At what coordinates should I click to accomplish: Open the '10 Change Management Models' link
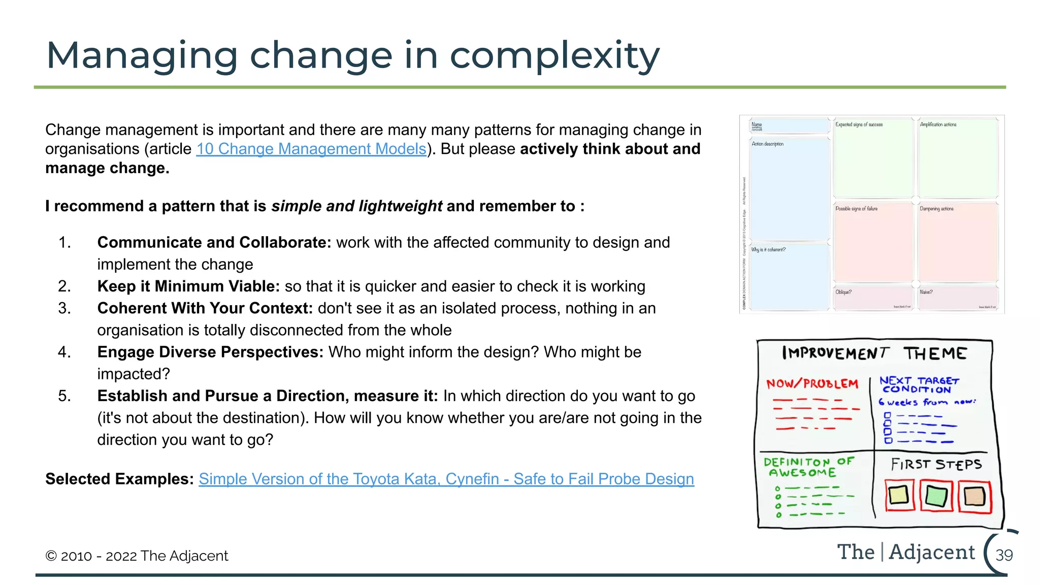coord(311,149)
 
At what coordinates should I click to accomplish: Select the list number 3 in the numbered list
coord(64,308)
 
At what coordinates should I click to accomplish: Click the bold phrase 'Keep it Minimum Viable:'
coord(188,286)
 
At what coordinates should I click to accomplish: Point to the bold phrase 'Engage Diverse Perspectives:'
coord(210,352)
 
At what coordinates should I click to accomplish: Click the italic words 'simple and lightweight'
coord(356,206)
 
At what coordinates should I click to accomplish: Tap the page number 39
coord(1003,555)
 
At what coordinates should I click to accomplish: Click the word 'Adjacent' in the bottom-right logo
coord(932,552)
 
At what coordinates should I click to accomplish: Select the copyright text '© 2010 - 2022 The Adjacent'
coord(137,556)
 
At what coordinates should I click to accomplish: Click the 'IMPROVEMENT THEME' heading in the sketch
coord(874,353)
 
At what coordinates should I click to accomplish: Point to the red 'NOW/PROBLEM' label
coord(812,383)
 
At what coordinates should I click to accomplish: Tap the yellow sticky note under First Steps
coord(899,495)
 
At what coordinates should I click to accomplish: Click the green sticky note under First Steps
coord(936,496)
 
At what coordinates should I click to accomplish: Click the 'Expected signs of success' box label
coord(859,124)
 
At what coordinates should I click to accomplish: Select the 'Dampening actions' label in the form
coord(936,209)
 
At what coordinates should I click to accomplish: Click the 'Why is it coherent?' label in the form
coord(768,250)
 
